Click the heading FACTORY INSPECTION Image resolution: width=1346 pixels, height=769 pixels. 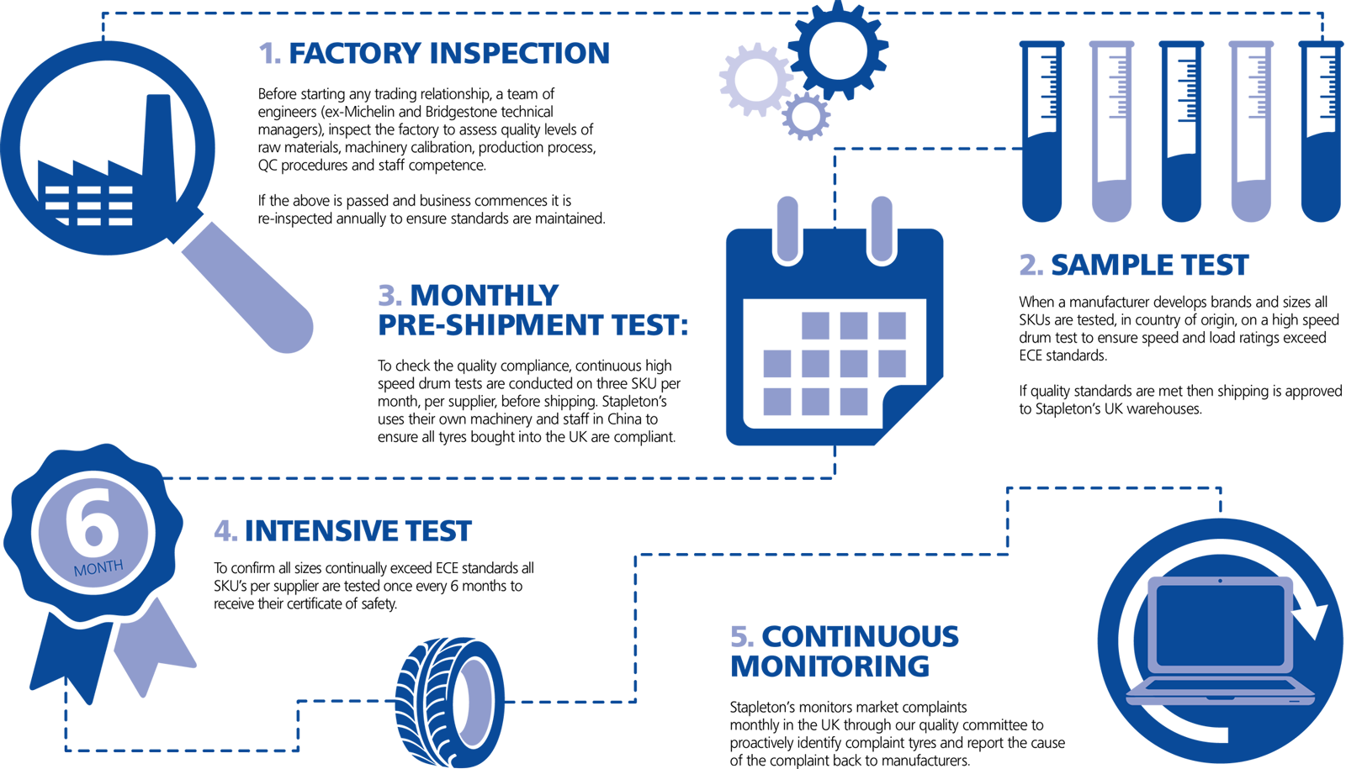(x=449, y=54)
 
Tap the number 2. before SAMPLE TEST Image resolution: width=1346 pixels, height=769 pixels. (x=1031, y=266)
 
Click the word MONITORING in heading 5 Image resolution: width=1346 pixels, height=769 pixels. (x=829, y=666)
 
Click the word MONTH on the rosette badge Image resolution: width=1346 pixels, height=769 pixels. (x=98, y=568)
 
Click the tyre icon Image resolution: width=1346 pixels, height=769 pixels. (x=449, y=703)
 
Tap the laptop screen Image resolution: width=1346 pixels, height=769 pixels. (x=1221, y=625)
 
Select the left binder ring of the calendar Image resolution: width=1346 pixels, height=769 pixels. (x=787, y=229)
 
